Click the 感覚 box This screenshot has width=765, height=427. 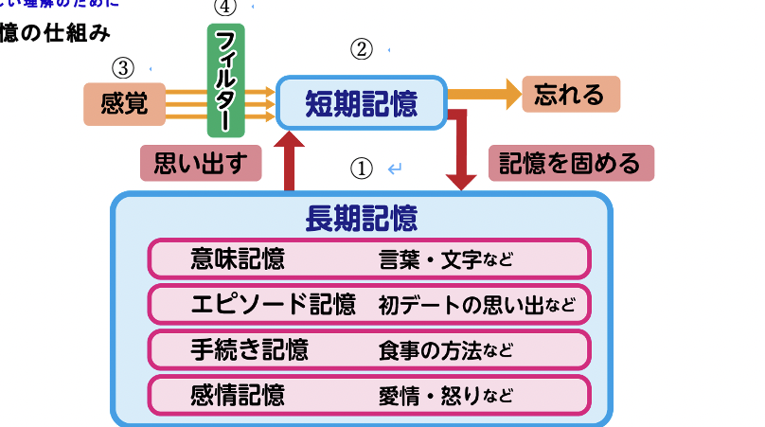click(x=124, y=103)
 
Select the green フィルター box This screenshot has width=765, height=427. click(x=226, y=80)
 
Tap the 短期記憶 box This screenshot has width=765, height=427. click(x=361, y=102)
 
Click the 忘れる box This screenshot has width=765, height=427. click(x=570, y=95)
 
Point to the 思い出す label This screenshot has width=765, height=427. click(x=200, y=163)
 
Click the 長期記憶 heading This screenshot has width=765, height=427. click(x=361, y=219)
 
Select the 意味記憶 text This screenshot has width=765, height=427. click(x=238, y=258)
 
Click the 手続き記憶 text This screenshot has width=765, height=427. click(x=250, y=349)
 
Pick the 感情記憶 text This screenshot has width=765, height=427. click(x=238, y=394)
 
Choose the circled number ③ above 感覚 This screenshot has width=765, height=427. click(x=123, y=67)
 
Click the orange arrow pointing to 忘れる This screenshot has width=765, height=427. click(x=484, y=95)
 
